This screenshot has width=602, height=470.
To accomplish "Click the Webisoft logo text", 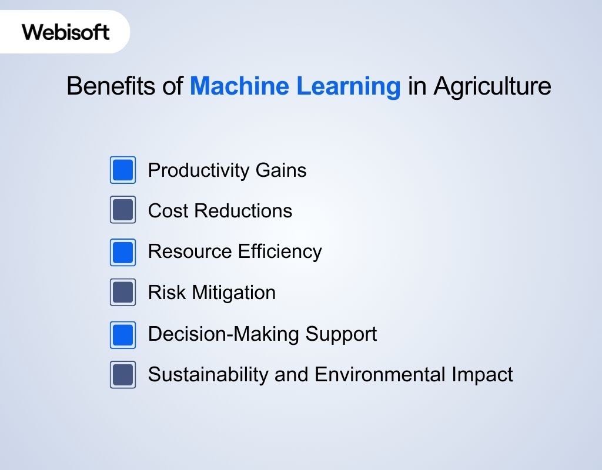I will (x=66, y=32).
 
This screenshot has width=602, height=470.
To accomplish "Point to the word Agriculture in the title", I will (x=492, y=86).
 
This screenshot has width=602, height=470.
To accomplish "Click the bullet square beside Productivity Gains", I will (x=123, y=170).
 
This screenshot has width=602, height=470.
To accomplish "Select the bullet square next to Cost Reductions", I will (x=123, y=210).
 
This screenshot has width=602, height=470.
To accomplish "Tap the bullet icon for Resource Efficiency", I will (x=123, y=252).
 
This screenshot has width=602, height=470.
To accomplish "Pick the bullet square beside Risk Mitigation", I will (x=123, y=293).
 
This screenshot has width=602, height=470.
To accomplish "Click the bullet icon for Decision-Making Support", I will (x=123, y=334).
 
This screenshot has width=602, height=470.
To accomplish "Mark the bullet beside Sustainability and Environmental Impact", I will (x=123, y=375).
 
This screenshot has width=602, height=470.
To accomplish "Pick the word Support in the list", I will (x=341, y=334).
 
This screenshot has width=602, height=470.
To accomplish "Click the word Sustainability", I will (x=204, y=374).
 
